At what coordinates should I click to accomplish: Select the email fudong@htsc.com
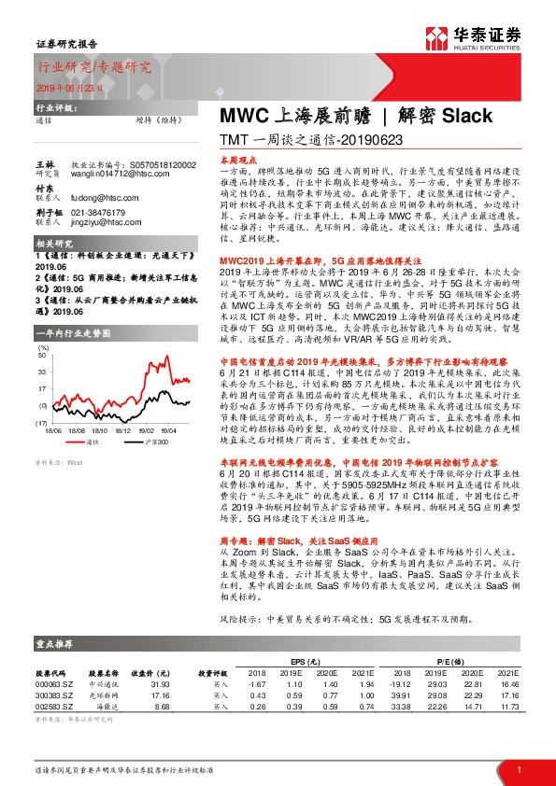[97, 197]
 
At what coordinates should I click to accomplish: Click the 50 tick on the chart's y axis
[42, 355]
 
